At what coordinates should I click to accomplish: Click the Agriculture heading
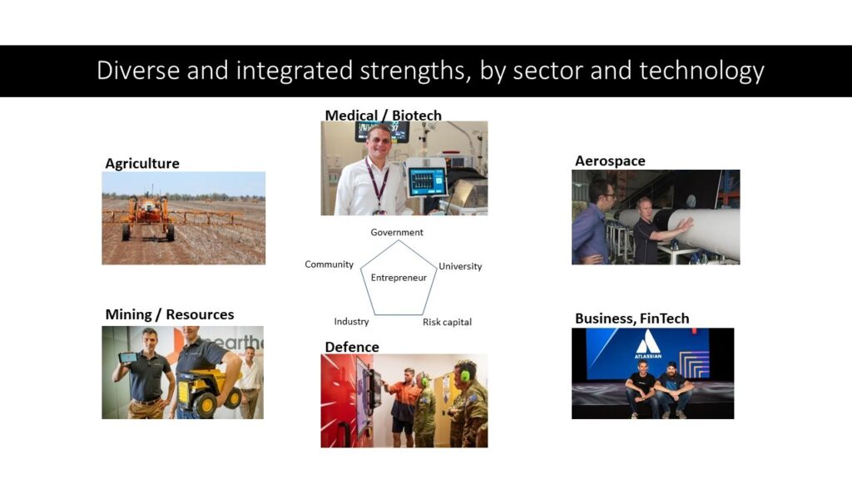pos(142,164)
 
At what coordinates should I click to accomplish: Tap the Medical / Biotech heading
pos(383,115)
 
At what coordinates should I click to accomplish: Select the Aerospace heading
pos(610,160)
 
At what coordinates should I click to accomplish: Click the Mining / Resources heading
pos(170,314)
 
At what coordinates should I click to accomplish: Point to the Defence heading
pos(352,347)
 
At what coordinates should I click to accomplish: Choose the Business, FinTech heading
pos(632,319)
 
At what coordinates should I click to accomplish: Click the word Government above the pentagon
pos(397,233)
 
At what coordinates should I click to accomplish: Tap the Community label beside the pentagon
pos(329,264)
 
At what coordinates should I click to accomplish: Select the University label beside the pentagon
pos(460,266)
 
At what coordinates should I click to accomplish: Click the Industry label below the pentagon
pos(351,322)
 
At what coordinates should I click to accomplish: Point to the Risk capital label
pos(447,322)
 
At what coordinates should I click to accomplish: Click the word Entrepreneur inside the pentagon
pos(399,278)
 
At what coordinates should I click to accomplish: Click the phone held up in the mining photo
pos(129,358)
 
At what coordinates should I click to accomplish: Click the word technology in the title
pos(701,72)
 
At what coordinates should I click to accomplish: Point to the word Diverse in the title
pos(138,71)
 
